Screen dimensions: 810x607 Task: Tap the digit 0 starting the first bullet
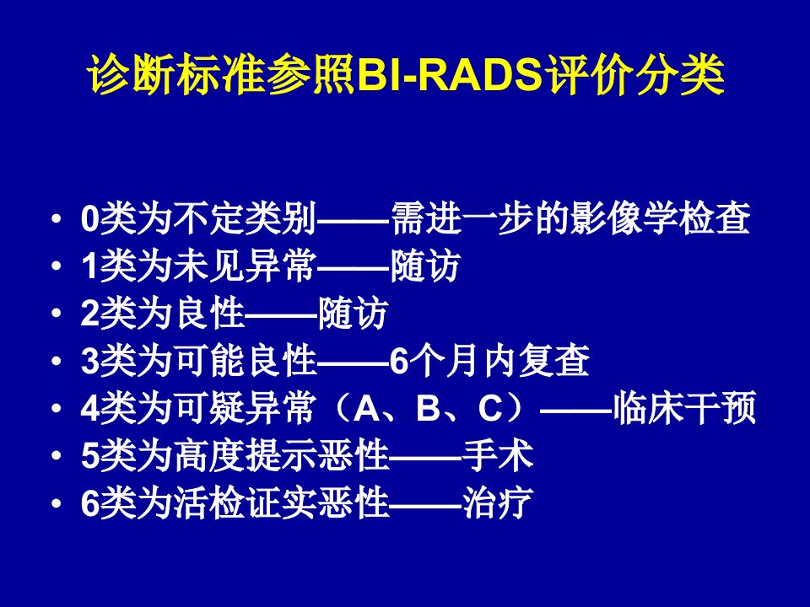(x=90, y=219)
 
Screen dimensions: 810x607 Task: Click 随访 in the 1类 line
(x=424, y=266)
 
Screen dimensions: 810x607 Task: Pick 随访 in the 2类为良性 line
(x=354, y=314)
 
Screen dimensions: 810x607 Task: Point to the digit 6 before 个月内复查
(x=399, y=361)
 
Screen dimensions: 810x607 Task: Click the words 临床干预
(x=684, y=408)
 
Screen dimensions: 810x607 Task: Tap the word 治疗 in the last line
(x=498, y=502)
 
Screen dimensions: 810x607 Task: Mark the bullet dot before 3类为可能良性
(x=57, y=362)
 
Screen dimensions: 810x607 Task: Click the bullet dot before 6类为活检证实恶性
(x=57, y=502)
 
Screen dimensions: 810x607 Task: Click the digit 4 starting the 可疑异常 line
(x=90, y=408)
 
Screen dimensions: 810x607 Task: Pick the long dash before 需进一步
(x=354, y=220)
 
